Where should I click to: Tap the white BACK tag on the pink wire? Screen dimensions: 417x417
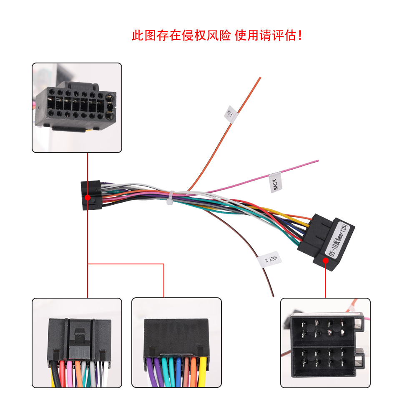coord(276,182)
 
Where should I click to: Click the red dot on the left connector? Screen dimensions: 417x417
coord(88,197)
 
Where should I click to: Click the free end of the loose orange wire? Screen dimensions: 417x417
coord(260,78)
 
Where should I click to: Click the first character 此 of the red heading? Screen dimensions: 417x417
coord(138,35)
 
